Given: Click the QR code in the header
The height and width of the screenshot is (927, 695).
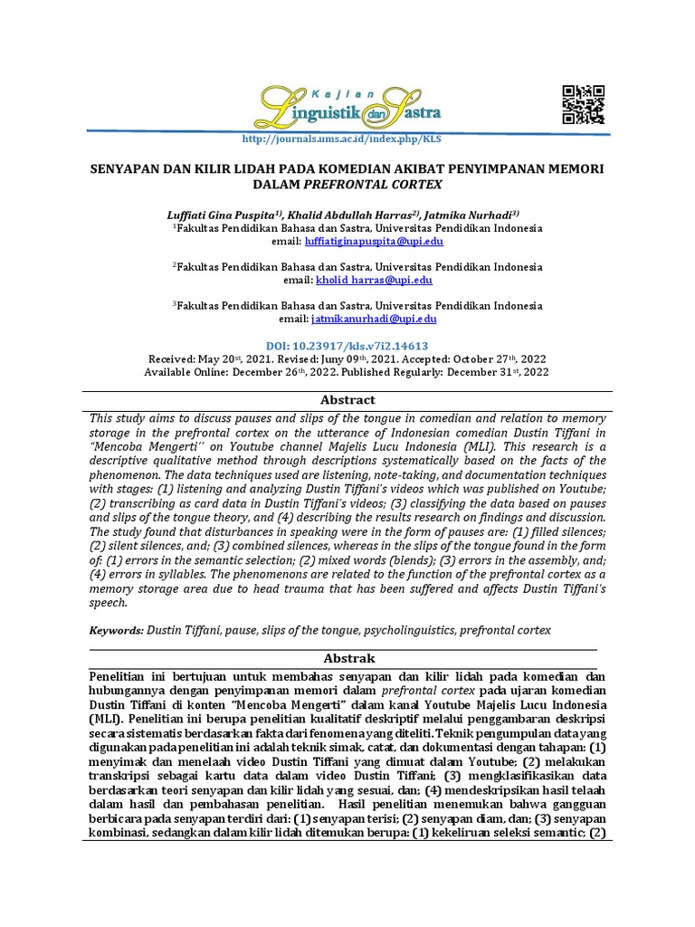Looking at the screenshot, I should coord(584,104).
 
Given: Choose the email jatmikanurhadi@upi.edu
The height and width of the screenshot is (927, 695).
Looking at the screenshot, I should coord(374,319).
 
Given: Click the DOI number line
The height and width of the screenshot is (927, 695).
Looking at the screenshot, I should coord(347,346).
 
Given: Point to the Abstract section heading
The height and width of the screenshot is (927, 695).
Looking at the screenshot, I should coord(347,399).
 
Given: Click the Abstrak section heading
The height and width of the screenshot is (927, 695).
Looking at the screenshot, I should coord(347,658).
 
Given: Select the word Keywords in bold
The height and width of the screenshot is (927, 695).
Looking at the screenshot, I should coord(116,629).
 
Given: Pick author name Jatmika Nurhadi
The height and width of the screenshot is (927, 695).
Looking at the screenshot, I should coord(471,215).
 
